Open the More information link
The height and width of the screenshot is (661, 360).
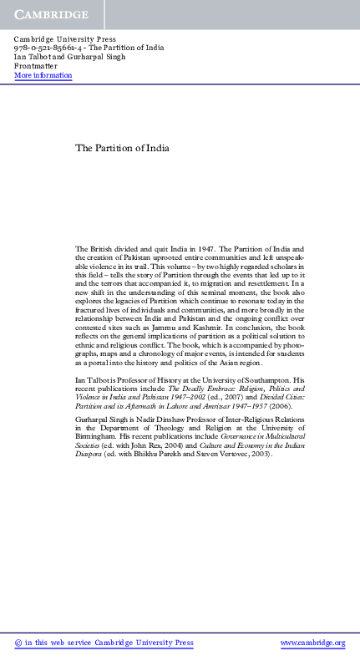tap(43, 75)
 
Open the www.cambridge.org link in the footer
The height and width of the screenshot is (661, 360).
tap(312, 643)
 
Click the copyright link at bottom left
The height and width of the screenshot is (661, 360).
tap(104, 643)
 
